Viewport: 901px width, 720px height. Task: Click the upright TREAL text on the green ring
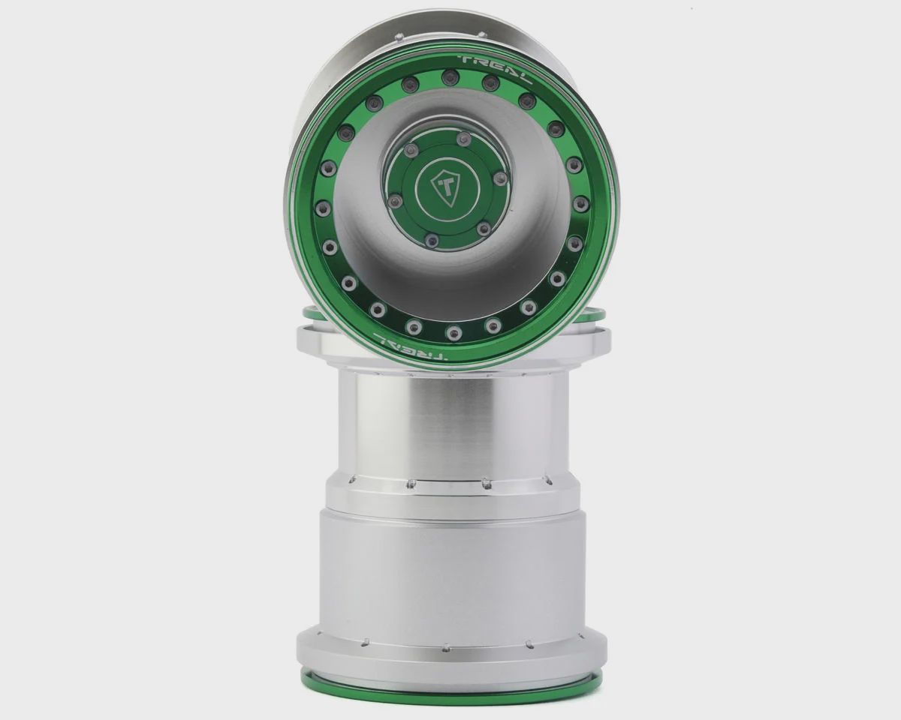tap(497, 69)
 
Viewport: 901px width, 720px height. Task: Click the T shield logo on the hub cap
tap(445, 187)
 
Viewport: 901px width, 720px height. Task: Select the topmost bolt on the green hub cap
tap(463, 139)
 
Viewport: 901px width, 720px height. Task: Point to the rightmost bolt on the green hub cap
tap(499, 178)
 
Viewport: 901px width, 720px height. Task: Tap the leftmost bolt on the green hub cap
tap(393, 202)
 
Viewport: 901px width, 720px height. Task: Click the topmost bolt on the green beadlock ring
tap(448, 76)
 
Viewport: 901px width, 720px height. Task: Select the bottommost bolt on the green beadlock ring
tap(453, 332)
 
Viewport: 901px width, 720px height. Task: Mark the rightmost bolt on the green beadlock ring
tap(579, 204)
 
